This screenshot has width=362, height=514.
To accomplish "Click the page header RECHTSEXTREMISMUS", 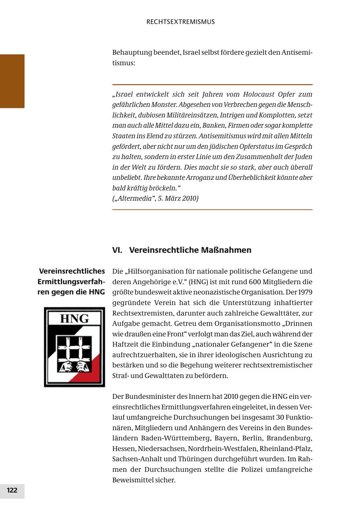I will pyautogui.click(x=181, y=22).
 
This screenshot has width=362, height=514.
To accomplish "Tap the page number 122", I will pyautogui.click(x=12, y=490).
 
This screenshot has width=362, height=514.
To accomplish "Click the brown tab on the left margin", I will pyautogui.click(x=12, y=81).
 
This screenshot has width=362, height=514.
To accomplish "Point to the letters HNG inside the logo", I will pyautogui.click(x=74, y=319).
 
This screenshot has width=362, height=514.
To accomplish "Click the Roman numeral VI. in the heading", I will pyautogui.click(x=117, y=250).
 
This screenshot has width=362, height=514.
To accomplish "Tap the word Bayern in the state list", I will pyautogui.click(x=226, y=438).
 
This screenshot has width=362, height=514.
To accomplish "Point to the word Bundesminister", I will pyautogui.click(x=152, y=396).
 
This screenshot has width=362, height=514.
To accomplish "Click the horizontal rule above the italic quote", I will pyautogui.click(x=212, y=85).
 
